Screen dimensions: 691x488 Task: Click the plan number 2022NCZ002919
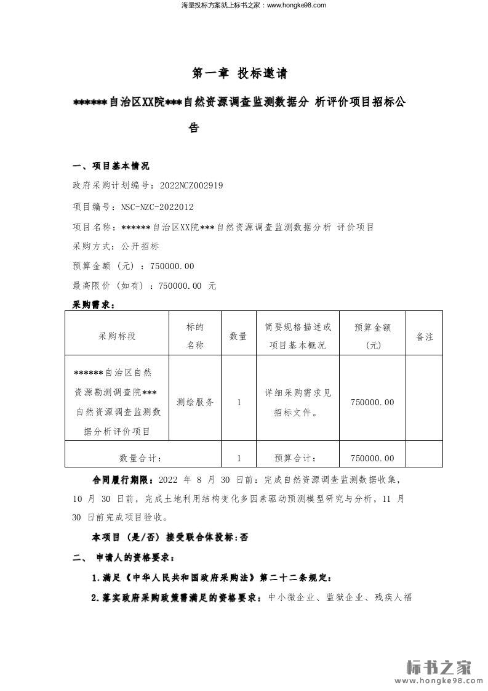point(191,185)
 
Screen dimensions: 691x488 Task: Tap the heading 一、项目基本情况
point(111,166)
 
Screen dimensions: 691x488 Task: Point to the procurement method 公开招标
point(140,246)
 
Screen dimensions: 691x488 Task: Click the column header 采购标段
point(117,336)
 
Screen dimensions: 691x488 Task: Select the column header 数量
point(238,336)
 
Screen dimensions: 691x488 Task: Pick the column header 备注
point(425,336)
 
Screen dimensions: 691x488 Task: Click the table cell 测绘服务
point(195,402)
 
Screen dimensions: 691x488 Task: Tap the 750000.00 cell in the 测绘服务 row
point(372,402)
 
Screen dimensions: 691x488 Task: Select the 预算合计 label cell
point(295,458)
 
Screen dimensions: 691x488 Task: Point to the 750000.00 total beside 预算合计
point(372,458)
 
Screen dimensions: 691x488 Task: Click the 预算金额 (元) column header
point(373,336)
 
